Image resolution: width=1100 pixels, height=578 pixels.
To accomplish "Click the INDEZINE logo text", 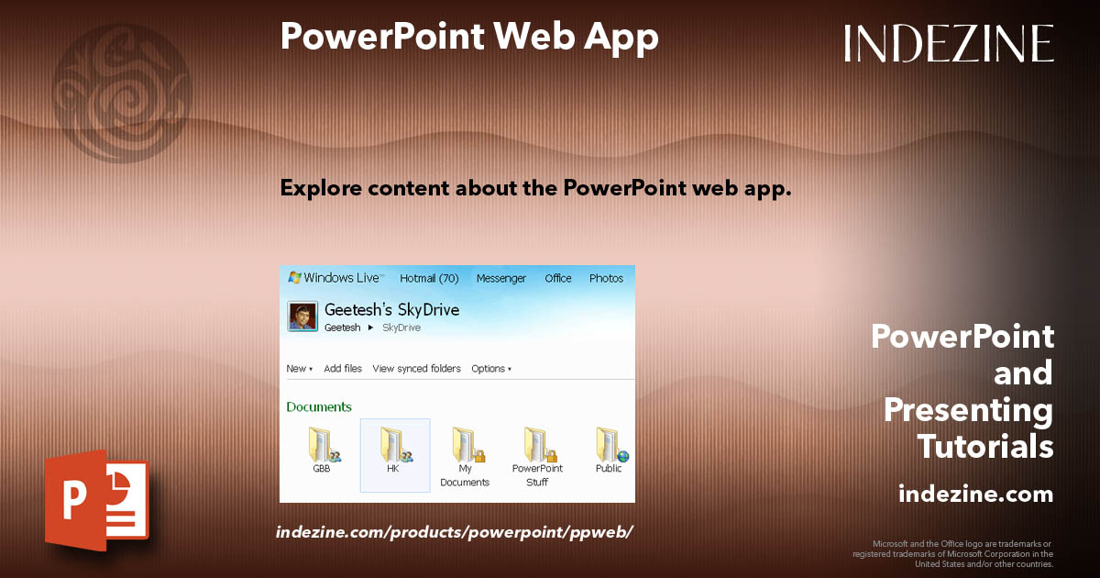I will [949, 43].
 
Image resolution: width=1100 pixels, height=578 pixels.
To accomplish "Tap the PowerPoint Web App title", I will [469, 37].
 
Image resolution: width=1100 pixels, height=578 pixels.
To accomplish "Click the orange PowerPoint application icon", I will [95, 501].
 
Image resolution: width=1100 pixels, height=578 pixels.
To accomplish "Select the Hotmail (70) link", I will [429, 278].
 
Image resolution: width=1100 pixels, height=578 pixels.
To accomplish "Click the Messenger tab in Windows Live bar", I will [501, 278].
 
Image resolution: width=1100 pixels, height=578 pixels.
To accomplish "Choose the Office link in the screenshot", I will [558, 278].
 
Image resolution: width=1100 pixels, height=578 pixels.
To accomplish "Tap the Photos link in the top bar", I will [606, 278].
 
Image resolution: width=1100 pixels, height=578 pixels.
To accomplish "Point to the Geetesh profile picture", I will [302, 317].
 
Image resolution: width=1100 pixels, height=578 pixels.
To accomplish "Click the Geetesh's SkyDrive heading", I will [391, 310].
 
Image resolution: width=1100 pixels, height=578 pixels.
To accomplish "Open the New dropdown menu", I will [299, 369].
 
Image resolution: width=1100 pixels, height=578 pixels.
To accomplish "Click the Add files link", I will [343, 369].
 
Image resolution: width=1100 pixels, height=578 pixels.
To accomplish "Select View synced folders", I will [416, 369].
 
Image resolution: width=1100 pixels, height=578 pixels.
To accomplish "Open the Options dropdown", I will [491, 369].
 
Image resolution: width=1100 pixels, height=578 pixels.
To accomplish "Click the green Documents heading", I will [319, 406].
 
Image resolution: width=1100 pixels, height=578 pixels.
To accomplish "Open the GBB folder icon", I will [324, 444].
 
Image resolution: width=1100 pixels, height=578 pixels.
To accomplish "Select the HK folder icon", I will [394, 444].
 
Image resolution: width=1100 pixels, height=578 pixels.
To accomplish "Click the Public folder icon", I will [610, 444].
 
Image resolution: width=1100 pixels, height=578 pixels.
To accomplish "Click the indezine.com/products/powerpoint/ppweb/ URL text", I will [455, 532].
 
